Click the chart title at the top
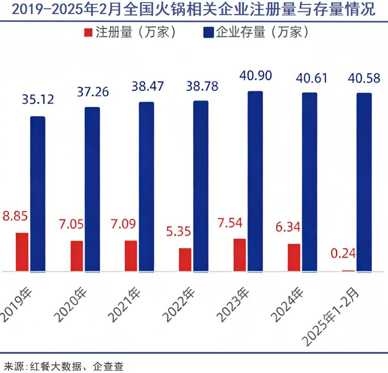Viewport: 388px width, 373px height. (x=194, y=9)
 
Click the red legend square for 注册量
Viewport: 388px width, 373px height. (x=88, y=33)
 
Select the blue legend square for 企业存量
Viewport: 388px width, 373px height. (x=208, y=33)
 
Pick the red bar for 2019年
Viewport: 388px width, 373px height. (x=22, y=252)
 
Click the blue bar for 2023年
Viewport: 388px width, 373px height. (x=255, y=181)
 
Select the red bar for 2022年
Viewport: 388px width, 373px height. (x=185, y=259)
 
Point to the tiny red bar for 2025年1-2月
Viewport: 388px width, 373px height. (x=348, y=271)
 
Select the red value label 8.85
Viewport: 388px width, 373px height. (x=15, y=216)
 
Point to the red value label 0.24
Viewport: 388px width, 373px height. (x=343, y=254)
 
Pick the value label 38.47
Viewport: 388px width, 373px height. (x=146, y=86)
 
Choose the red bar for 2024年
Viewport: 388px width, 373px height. (x=294, y=257)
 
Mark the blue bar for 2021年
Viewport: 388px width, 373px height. (x=146, y=186)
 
